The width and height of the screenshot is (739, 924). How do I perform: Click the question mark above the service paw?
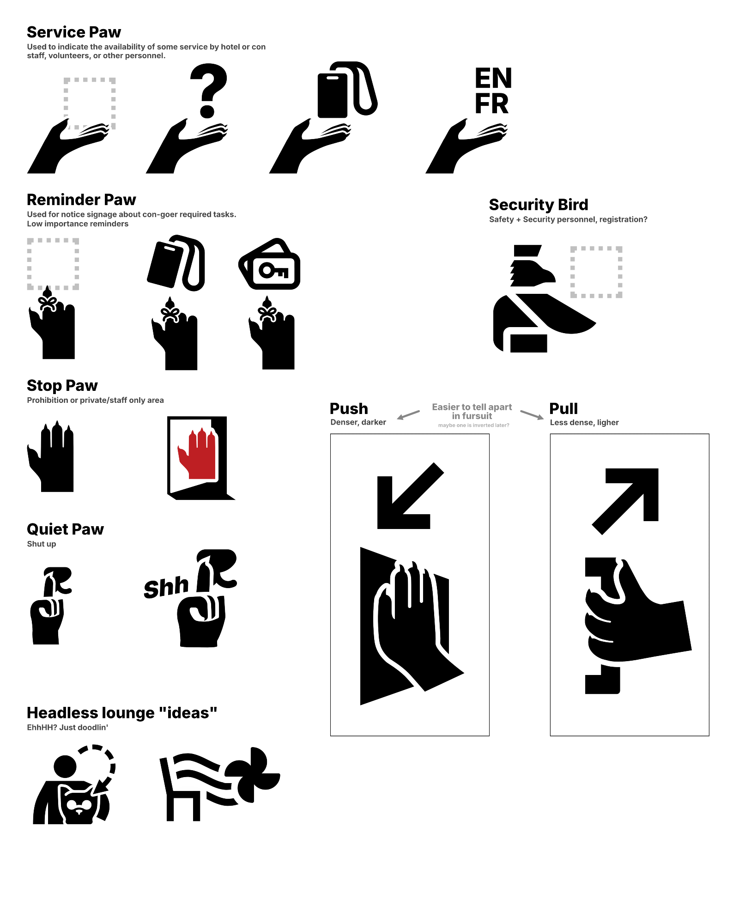pos(209,91)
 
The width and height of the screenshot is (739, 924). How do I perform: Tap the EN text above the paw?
pos(493,78)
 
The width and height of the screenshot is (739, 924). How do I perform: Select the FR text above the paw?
pos(491,103)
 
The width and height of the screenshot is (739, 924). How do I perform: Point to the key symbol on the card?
pos(274,271)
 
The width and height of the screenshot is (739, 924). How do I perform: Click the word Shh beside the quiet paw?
pos(166,587)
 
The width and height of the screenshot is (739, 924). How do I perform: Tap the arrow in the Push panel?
pos(410,496)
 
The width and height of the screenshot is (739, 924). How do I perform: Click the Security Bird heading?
pos(539,205)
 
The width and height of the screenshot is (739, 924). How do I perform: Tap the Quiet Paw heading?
pos(65,529)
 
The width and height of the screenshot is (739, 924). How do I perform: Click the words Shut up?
pos(42,544)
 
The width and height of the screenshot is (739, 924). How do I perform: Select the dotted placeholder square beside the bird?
pos(596,272)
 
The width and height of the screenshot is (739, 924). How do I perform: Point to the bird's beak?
pos(549,276)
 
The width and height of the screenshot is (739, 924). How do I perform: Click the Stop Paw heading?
pos(62,385)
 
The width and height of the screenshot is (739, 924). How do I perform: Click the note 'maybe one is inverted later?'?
pos(473,425)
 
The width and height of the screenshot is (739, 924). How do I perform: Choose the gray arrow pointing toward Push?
pos(408,415)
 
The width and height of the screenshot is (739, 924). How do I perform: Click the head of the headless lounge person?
pos(65,766)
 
